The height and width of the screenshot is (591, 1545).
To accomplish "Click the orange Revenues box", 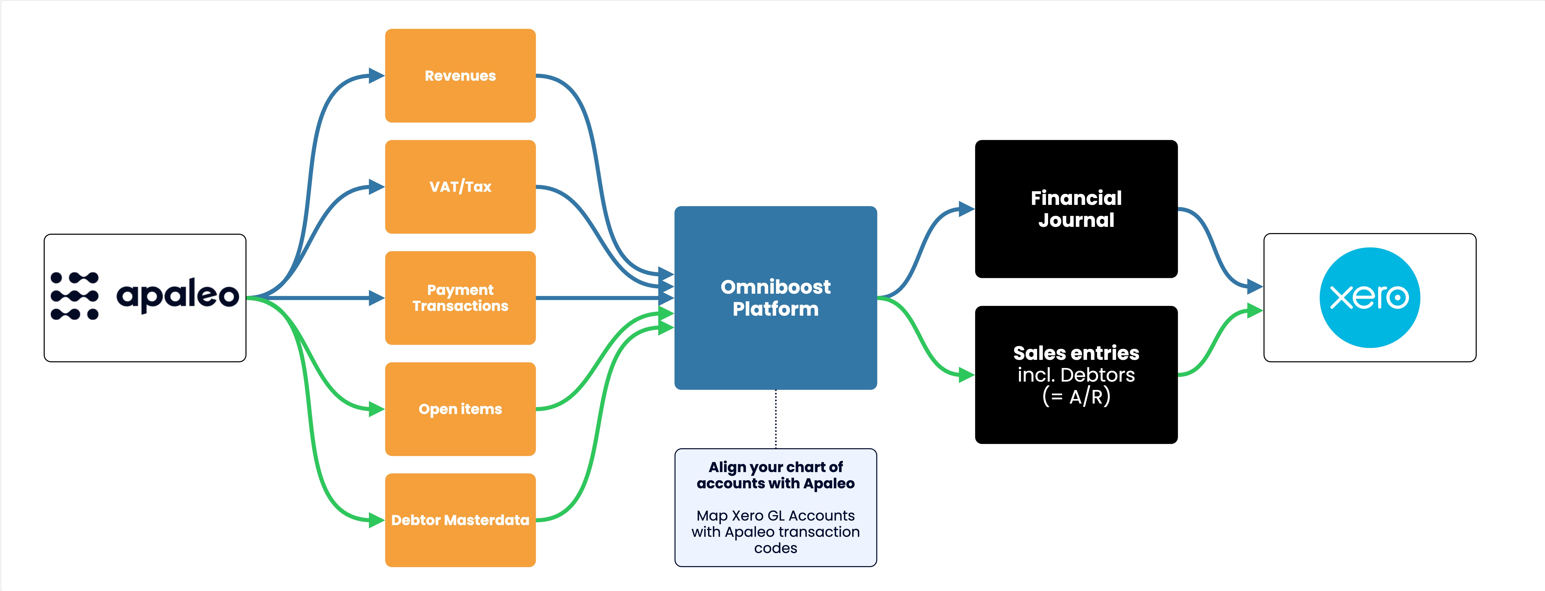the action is pos(460,75).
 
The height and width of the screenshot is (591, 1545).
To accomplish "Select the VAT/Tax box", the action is pos(460,186).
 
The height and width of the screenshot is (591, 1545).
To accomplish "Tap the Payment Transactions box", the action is pos(460,298).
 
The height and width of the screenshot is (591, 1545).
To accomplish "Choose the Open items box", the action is pos(460,409).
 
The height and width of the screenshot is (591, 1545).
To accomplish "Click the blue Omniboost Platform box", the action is pos(776,298).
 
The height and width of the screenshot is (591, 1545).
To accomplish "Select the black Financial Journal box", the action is pos(1076,209).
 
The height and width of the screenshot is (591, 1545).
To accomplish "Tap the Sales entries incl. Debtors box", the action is pos(1076,375).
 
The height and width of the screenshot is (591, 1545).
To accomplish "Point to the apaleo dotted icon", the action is pos(74,296).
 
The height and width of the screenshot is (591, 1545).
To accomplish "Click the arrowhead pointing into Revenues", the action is pos(377,75).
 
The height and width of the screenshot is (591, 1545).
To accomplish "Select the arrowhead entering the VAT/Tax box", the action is pos(377,186).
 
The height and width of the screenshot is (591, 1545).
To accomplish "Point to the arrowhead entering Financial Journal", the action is pos(967,209).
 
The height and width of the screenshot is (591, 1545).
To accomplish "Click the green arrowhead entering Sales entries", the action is pos(967,375).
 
